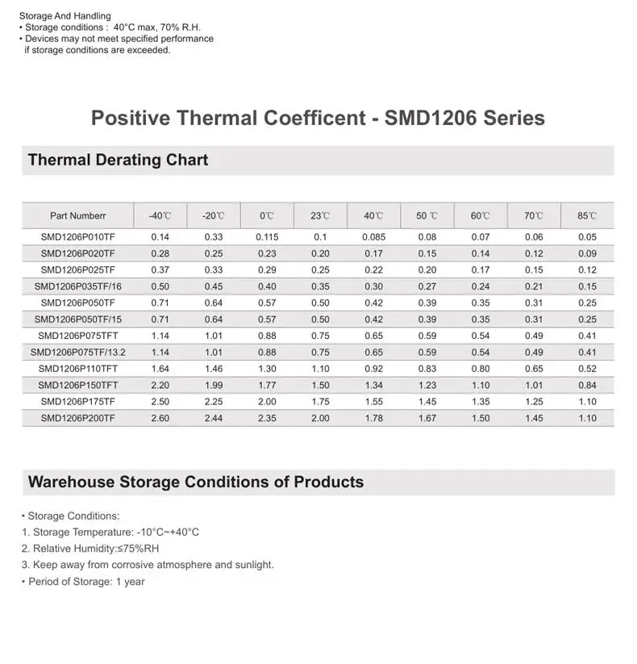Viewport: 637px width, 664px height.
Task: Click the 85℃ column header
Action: pos(587,216)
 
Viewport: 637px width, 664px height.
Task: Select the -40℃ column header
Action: pos(160,216)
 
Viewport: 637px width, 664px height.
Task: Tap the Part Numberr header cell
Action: pos(77,216)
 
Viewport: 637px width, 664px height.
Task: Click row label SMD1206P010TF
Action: pos(77,237)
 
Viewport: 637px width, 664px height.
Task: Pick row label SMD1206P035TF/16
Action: pos(77,286)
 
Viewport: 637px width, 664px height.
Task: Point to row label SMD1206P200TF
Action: pos(77,418)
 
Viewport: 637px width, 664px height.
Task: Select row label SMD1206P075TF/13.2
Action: pos(77,353)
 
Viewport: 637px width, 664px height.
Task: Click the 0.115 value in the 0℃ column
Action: pos(267,237)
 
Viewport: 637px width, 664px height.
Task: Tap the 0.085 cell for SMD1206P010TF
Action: pos(373,237)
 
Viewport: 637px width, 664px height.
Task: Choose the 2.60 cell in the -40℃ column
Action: pos(160,418)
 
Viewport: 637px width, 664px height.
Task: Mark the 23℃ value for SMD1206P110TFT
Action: pos(320,369)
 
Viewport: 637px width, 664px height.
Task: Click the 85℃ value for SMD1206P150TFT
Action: pos(587,386)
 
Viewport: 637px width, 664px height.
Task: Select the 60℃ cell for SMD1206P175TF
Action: pos(481,402)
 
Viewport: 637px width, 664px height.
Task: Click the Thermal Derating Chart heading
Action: pos(118,160)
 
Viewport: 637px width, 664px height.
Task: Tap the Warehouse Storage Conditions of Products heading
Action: pos(196,482)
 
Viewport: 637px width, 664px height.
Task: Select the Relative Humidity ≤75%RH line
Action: pos(90,549)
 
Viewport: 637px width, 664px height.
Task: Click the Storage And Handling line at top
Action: pos(65,16)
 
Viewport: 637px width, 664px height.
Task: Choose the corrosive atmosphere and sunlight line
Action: pos(148,565)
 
